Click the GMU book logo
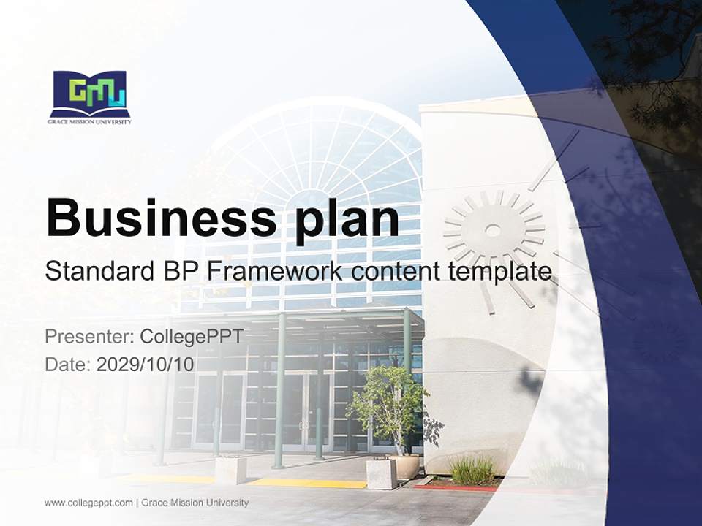pyautogui.click(x=90, y=93)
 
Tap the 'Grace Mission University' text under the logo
pyautogui.click(x=90, y=122)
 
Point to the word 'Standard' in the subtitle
pyautogui.click(x=98, y=272)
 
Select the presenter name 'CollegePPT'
pyautogui.click(x=191, y=337)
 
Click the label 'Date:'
pyautogui.click(x=68, y=365)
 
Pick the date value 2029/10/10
pyautogui.click(x=146, y=365)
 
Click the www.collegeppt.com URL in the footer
pyautogui.click(x=88, y=503)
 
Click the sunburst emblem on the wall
pyautogui.click(x=493, y=230)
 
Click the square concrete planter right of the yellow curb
pyautogui.click(x=381, y=473)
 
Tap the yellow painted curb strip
pyautogui.click(x=307, y=483)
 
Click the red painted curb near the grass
pyautogui.click(x=446, y=487)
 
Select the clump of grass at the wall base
pyautogui.click(x=472, y=470)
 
